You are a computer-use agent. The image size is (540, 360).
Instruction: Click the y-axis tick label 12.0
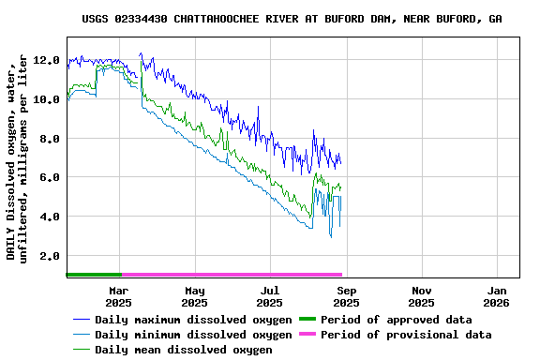tap(47, 60)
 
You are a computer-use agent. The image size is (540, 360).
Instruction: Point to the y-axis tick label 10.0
tap(47, 99)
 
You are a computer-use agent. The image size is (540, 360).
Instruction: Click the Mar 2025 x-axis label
tap(118, 297)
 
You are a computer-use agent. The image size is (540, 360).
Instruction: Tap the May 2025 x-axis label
tap(194, 297)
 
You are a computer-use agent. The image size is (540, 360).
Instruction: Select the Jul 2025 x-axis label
tap(270, 297)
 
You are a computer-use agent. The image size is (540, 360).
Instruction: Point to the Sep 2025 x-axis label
tap(346, 297)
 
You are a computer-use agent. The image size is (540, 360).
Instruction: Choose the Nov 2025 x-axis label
tap(422, 297)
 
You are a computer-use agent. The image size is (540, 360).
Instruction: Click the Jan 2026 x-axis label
tap(497, 297)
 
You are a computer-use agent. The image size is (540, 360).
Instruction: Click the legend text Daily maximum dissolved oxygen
tap(193, 320)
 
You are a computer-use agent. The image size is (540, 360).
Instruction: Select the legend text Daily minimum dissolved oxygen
tap(193, 335)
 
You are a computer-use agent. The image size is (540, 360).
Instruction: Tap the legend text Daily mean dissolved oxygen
tap(183, 350)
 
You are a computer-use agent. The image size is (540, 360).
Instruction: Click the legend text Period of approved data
tap(397, 320)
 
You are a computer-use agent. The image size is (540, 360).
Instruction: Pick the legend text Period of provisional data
tap(406, 335)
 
